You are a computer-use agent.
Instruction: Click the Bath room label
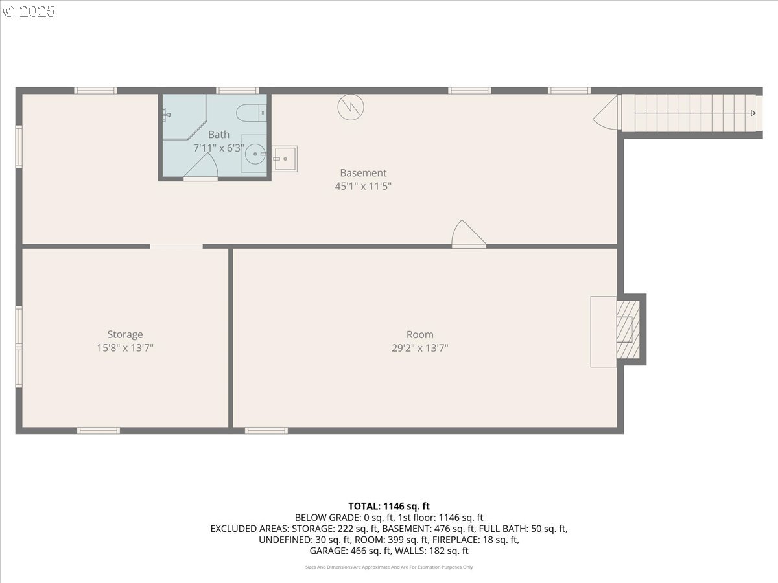(x=218, y=135)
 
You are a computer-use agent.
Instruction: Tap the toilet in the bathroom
(x=252, y=113)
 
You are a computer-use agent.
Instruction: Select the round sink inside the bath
(x=254, y=154)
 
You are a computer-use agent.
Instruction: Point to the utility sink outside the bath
(x=284, y=159)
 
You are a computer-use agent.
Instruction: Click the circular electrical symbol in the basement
(x=351, y=108)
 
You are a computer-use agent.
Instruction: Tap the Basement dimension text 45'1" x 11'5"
(x=363, y=186)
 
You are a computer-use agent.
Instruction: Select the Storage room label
(x=125, y=334)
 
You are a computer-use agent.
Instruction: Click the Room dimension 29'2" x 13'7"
(x=419, y=348)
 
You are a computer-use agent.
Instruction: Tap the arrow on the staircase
(x=752, y=113)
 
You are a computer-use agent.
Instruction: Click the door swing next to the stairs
(x=606, y=113)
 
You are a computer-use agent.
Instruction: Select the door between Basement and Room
(x=467, y=235)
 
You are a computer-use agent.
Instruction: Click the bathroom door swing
(x=200, y=168)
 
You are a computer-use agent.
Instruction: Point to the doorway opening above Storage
(x=176, y=246)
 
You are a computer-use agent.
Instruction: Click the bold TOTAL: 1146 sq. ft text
(x=389, y=506)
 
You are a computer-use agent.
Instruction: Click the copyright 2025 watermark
(x=29, y=11)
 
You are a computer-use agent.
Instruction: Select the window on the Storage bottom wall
(x=99, y=430)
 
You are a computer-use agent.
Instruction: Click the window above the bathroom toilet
(x=237, y=91)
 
